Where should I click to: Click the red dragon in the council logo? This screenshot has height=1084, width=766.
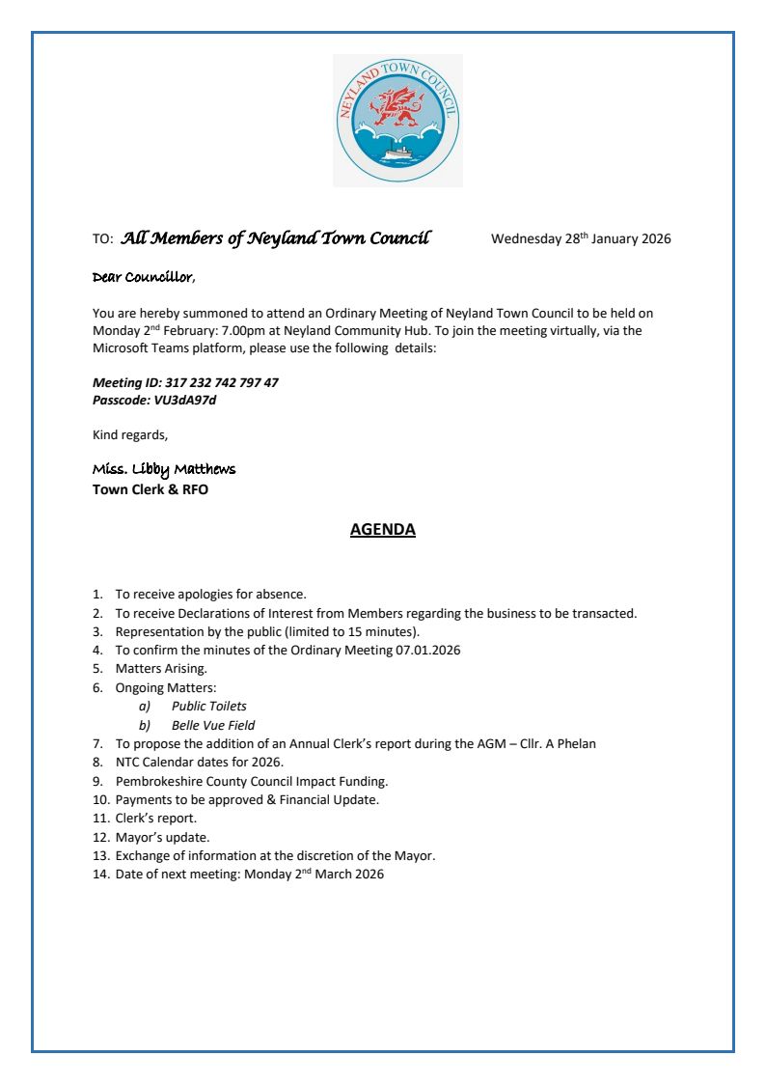click(397, 106)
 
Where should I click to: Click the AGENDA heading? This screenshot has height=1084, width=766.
click(382, 530)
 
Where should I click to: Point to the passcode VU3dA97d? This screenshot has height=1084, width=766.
click(184, 400)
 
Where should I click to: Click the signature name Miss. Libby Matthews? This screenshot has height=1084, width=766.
click(163, 469)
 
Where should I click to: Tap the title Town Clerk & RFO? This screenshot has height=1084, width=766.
click(150, 489)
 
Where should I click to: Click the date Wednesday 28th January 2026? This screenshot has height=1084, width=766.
click(581, 239)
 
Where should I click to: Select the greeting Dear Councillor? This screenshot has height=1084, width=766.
click(142, 278)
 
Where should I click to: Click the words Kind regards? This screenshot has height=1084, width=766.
click(129, 434)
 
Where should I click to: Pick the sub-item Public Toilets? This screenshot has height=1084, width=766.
click(208, 707)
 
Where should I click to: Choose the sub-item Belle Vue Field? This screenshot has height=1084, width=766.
click(212, 725)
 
